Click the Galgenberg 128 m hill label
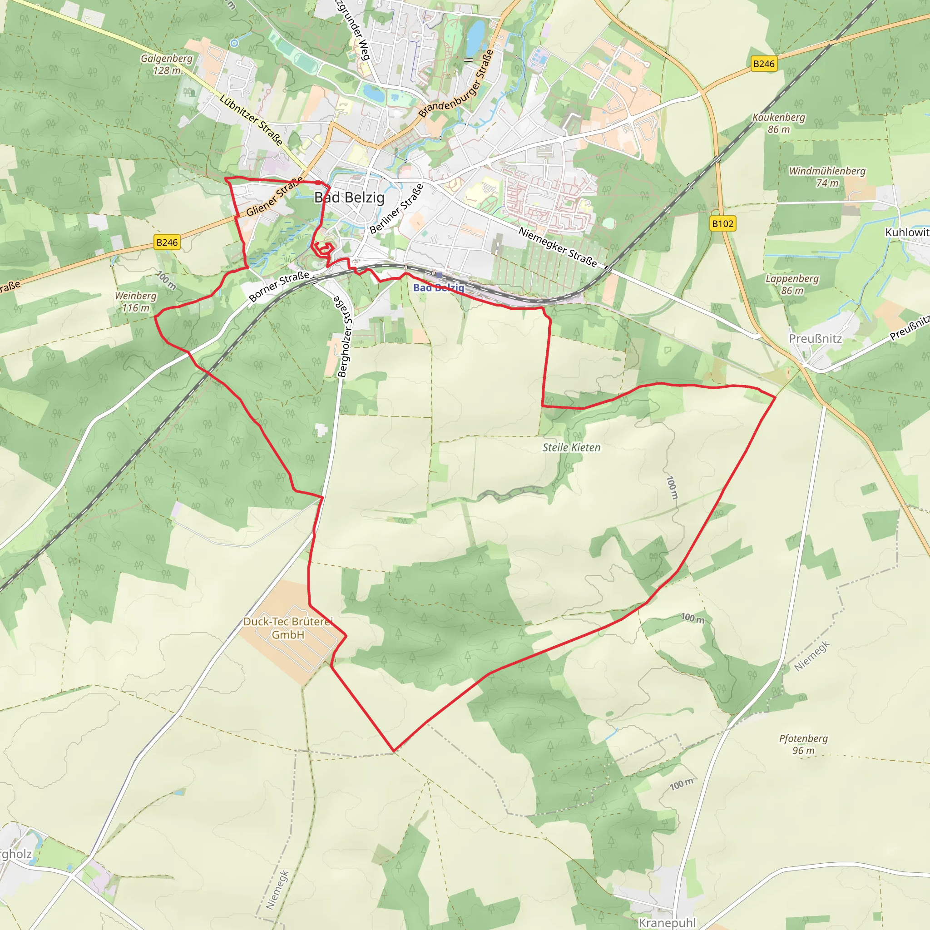pos(167,64)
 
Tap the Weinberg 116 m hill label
pos(135,302)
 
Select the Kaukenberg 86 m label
pos(778,123)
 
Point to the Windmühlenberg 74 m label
pos(827,177)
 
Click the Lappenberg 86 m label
pos(792,284)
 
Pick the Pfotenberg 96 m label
pos(803,744)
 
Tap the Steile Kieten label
pos(571,448)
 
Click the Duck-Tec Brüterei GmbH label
pos(288,628)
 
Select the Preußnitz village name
pos(816,339)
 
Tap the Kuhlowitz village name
pos(907,232)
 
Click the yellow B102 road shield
pos(722,224)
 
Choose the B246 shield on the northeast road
pos(764,64)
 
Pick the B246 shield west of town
pos(167,242)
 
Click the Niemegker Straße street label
pos(558,247)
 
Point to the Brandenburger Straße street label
pos(456,84)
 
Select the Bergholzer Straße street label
pos(345,336)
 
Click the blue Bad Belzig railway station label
pos(439,288)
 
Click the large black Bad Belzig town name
pos(349,198)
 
